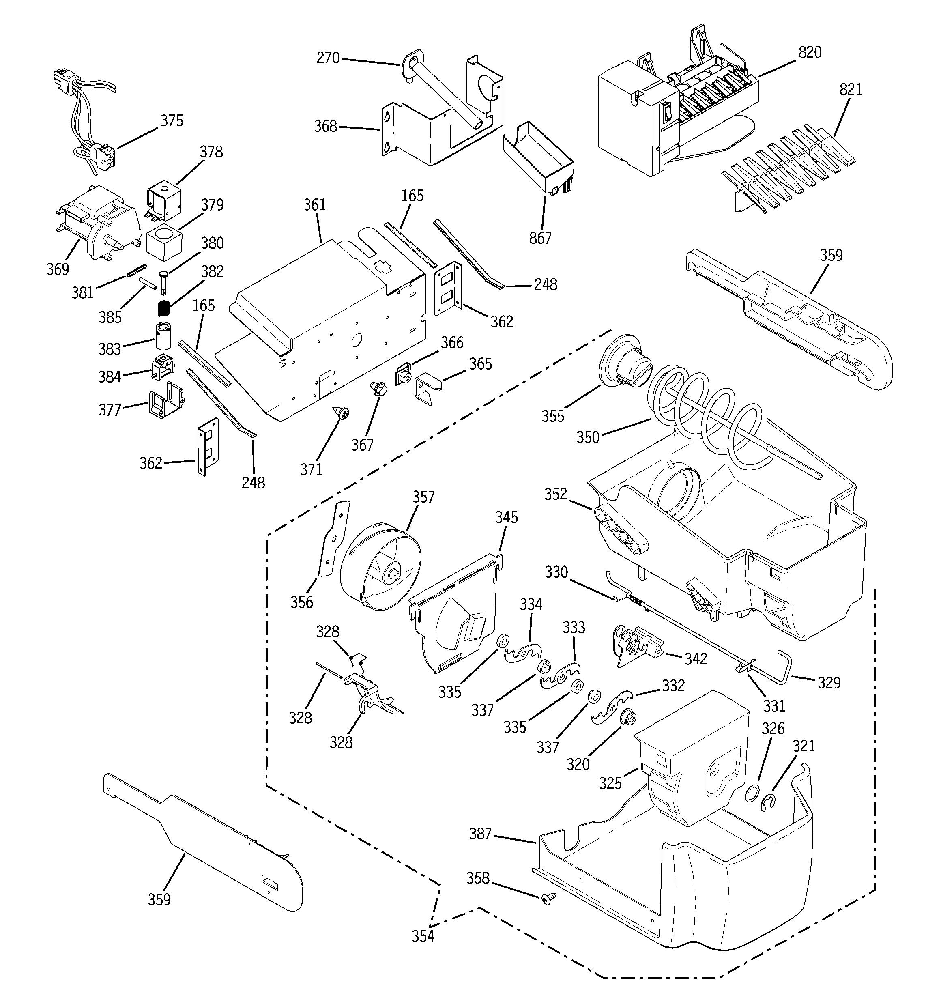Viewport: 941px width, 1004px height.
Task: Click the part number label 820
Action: tap(810, 52)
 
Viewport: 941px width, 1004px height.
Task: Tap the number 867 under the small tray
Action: tap(540, 238)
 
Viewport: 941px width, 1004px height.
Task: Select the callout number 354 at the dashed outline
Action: tap(423, 936)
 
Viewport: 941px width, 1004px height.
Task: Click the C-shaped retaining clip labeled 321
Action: tap(768, 804)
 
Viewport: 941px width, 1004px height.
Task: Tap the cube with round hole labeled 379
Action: tap(163, 243)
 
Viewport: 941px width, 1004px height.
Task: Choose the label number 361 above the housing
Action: tap(315, 205)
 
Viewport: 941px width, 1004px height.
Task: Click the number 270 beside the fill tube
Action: tap(328, 58)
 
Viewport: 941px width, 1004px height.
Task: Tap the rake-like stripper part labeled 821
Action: tap(788, 172)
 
